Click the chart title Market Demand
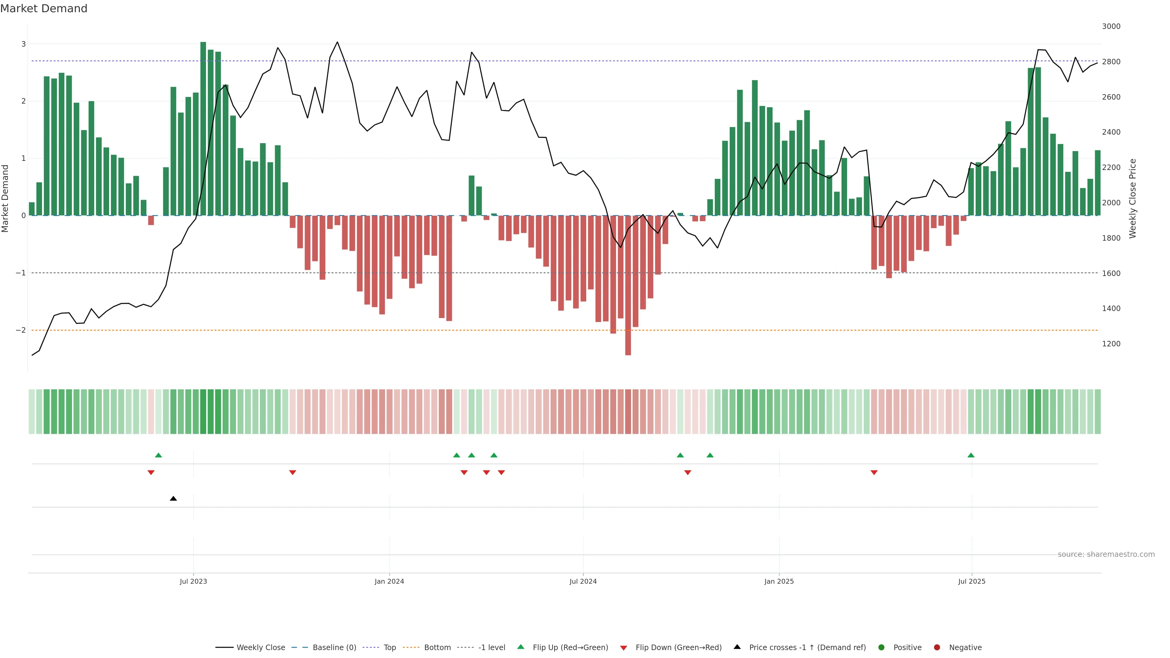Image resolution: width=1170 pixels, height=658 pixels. (44, 9)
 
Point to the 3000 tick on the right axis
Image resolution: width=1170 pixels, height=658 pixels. (1111, 26)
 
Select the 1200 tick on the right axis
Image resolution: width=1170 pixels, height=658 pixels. (1111, 344)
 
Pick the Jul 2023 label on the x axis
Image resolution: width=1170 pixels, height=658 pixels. (193, 581)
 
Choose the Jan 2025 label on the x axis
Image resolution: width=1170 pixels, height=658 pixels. (779, 581)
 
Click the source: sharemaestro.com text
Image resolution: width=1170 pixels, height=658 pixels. (1106, 554)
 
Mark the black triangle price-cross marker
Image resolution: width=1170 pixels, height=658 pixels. (173, 499)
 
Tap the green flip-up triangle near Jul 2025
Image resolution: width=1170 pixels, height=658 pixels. (971, 455)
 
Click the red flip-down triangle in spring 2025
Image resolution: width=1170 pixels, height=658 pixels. (874, 473)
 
